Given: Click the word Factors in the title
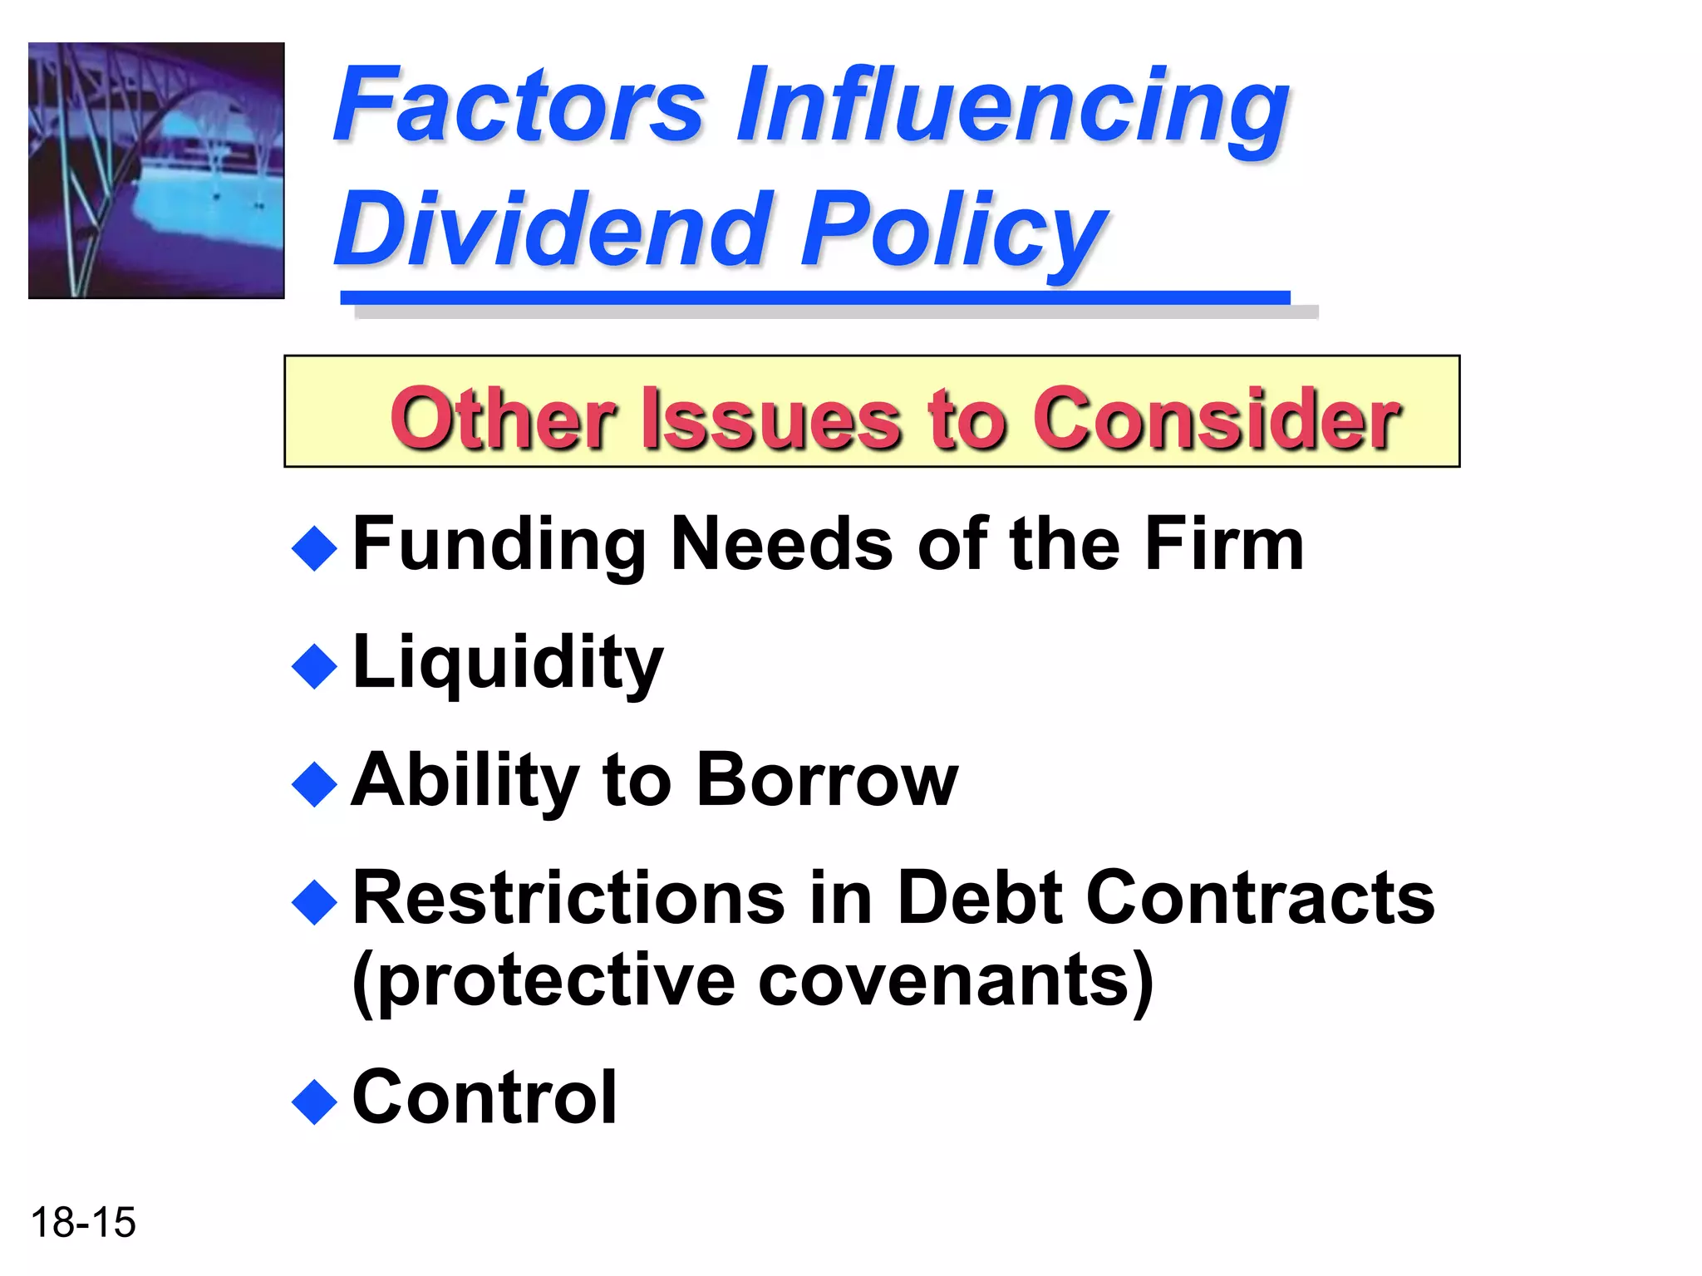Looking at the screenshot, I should (x=519, y=106).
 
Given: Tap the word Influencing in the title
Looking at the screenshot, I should (x=1012, y=108).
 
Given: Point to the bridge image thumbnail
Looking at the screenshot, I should (x=156, y=170).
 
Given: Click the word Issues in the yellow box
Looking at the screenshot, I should (x=770, y=419).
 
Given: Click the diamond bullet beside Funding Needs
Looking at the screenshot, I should (x=315, y=548).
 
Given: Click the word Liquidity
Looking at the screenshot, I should (x=508, y=663).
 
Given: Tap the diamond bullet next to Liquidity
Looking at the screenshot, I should (x=315, y=666).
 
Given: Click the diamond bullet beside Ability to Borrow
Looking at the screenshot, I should (x=315, y=784).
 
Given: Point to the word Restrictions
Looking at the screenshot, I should (x=569, y=898).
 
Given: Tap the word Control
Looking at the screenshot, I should (x=485, y=1098).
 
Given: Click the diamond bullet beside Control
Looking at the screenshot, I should (x=315, y=1102).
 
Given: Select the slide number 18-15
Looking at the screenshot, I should (x=83, y=1223).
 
